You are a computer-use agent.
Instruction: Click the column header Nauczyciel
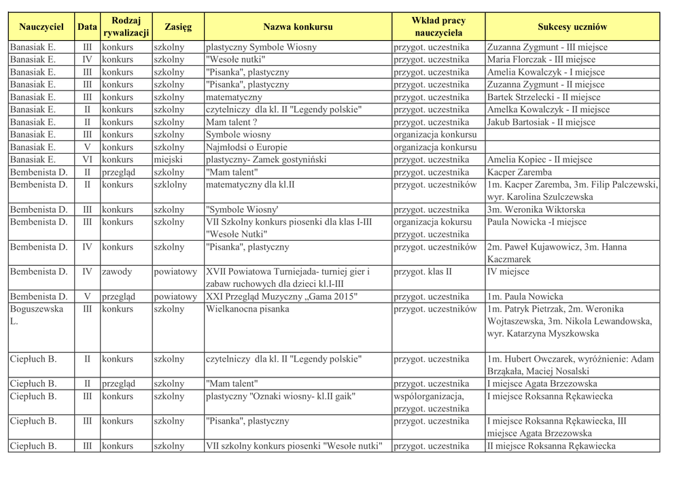[41, 27]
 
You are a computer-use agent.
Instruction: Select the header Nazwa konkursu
[298, 27]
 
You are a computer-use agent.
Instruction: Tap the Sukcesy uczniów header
[572, 27]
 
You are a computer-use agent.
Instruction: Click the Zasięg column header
[178, 27]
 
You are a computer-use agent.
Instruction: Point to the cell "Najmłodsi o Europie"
[247, 148]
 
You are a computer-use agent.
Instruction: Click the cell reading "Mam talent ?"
[231, 122]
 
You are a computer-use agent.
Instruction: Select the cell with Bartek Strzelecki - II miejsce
[544, 97]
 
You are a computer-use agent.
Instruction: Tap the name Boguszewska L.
[37, 315]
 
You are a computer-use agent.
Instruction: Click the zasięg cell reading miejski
[168, 160]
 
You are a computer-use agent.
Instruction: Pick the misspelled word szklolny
[171, 185]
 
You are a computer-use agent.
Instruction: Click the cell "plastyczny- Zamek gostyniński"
[266, 160]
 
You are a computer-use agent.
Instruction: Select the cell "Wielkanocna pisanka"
[247, 309]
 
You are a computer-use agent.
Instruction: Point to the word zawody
[117, 272]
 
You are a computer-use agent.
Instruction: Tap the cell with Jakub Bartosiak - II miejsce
[541, 122]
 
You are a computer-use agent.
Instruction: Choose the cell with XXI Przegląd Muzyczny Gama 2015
[281, 297]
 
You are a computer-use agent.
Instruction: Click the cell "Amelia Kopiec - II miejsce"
[540, 160]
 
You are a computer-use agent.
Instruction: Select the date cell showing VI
[87, 160]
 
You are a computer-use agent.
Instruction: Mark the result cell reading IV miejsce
[508, 272]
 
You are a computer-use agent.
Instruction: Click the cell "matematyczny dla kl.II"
[250, 185]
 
